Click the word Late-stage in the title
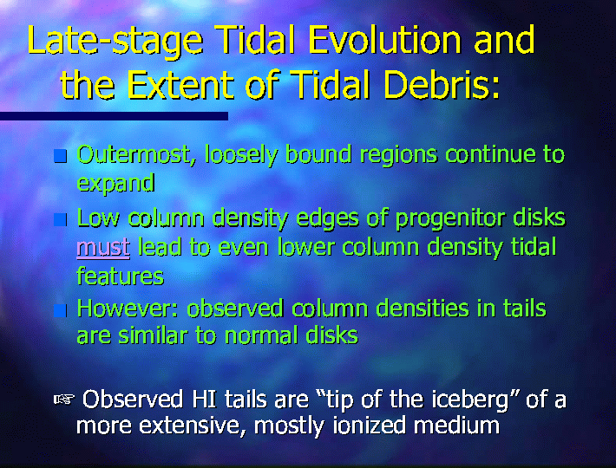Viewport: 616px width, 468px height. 115,42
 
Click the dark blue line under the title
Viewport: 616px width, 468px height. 114,116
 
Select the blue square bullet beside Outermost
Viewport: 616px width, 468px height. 60,156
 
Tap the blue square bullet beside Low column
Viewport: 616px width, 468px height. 60,219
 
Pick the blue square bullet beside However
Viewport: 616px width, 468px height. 60,310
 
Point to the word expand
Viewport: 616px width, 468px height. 115,184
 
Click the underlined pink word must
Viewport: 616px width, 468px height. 103,248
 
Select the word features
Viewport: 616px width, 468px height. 120,276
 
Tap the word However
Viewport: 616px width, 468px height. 128,309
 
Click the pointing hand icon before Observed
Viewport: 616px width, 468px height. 64,400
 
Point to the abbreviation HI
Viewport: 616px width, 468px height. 204,400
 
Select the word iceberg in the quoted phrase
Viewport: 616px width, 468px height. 470,400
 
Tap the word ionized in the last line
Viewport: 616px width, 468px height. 369,426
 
